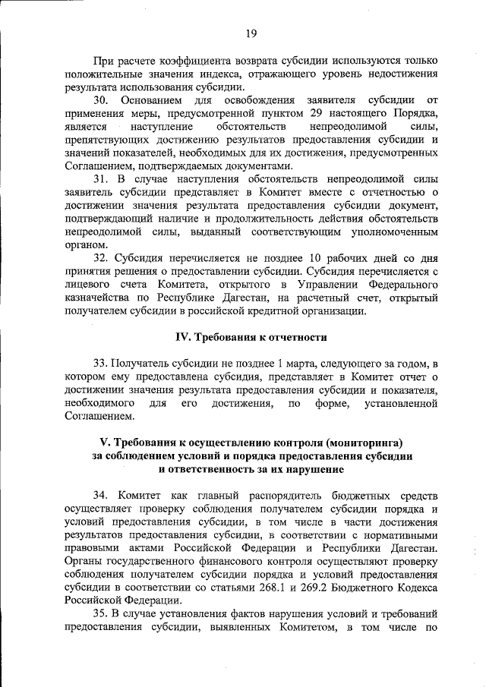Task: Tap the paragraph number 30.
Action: pos(103,100)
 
